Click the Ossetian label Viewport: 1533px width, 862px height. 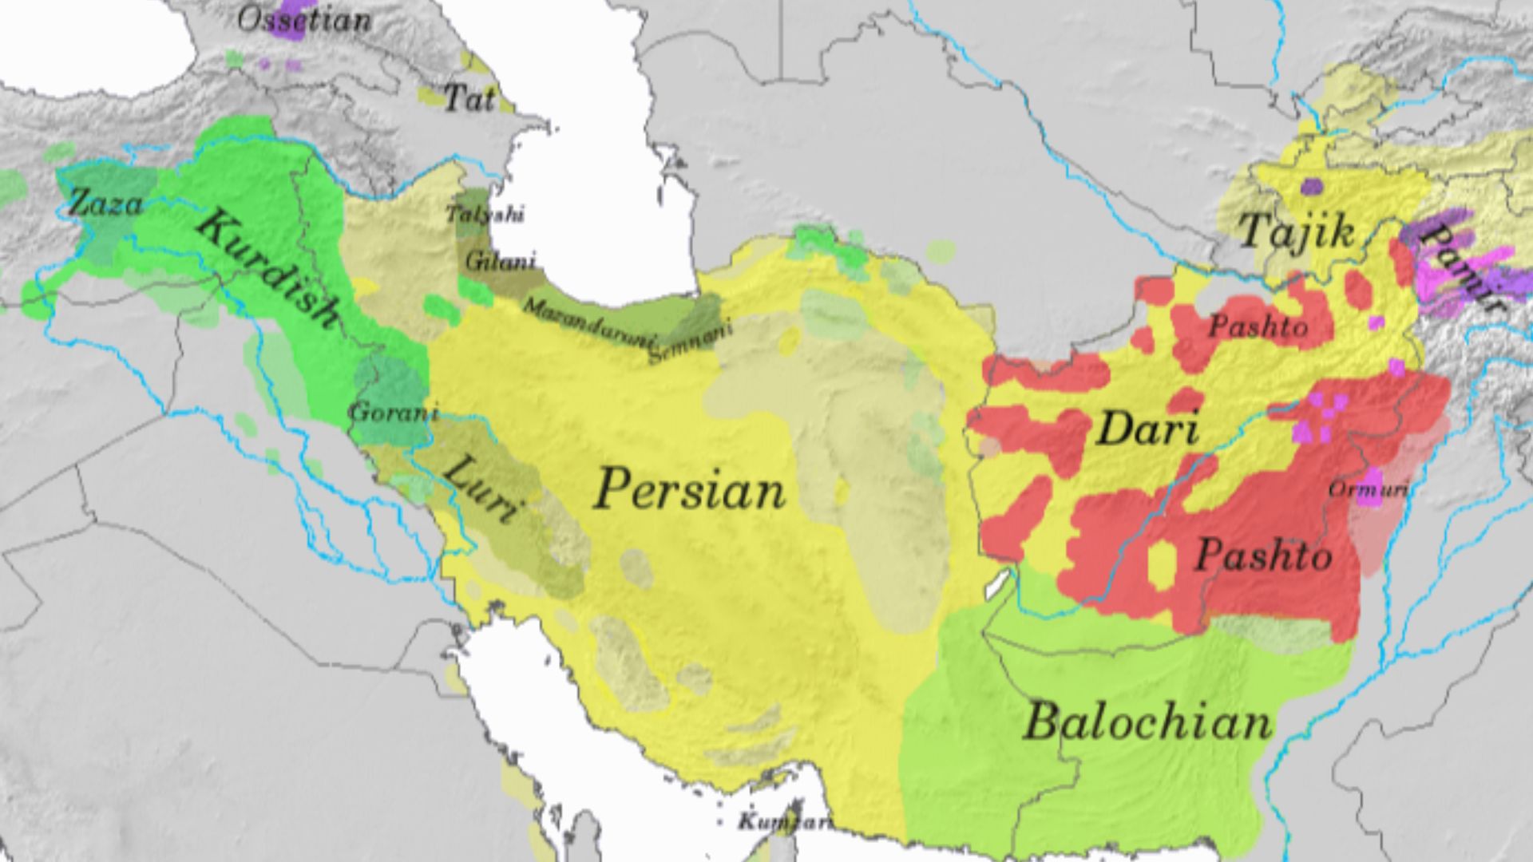[304, 20]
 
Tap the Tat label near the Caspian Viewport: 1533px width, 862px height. [469, 98]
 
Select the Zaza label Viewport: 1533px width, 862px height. [105, 204]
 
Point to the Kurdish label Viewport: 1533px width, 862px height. [267, 270]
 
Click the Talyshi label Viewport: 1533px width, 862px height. [485, 214]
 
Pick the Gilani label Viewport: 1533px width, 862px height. [500, 261]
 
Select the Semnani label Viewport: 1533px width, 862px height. [690, 343]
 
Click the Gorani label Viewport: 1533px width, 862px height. [394, 413]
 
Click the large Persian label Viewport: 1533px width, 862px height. [689, 489]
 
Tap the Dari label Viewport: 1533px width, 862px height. [1147, 429]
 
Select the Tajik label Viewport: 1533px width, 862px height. [1296, 231]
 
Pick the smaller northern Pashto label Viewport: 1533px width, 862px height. [1258, 326]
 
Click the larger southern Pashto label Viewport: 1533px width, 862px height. [1263, 555]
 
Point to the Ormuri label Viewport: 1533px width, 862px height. [1367, 489]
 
